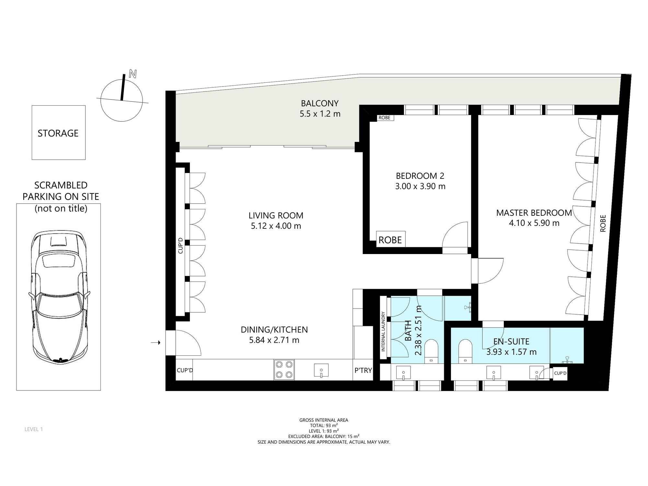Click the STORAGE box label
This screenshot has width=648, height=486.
(x=58, y=133)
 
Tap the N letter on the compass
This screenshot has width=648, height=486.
(x=133, y=74)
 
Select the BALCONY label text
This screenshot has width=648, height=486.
(x=320, y=103)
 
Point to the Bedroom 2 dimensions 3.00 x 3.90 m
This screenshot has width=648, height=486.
(x=420, y=186)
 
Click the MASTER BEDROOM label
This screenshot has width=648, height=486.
(x=534, y=213)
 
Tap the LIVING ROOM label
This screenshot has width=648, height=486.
(x=276, y=215)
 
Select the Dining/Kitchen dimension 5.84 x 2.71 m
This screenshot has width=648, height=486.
(x=274, y=340)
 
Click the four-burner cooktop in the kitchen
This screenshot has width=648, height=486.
(x=284, y=370)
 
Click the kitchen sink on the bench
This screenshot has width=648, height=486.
(x=321, y=370)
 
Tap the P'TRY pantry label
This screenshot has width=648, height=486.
(x=363, y=370)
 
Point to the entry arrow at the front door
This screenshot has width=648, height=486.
(x=156, y=342)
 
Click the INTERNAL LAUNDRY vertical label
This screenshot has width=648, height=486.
(x=383, y=331)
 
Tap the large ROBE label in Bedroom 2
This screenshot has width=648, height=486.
(x=390, y=240)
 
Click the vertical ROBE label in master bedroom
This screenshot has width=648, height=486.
(x=603, y=223)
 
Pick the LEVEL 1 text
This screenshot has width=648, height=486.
(x=34, y=429)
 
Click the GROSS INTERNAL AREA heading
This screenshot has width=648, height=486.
(x=324, y=420)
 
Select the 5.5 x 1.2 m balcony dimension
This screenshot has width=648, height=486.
(x=320, y=114)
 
